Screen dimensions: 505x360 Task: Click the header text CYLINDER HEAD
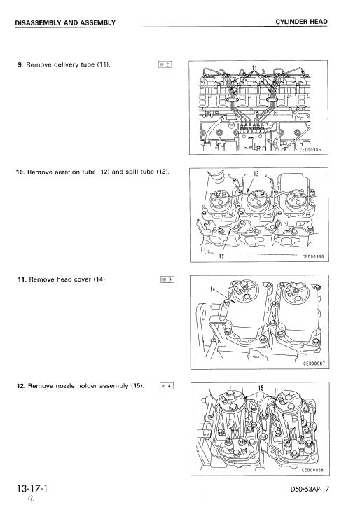coord(302,22)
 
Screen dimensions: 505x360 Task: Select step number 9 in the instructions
coord(20,64)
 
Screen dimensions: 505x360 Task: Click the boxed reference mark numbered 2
coord(166,64)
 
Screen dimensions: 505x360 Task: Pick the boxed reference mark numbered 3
coord(166,279)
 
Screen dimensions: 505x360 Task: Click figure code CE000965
coord(310,149)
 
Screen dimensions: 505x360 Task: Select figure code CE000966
coord(312,257)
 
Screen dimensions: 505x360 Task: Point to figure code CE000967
coord(312,364)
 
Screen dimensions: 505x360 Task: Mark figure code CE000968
coord(312,471)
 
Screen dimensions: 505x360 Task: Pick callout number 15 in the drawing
coord(261,387)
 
